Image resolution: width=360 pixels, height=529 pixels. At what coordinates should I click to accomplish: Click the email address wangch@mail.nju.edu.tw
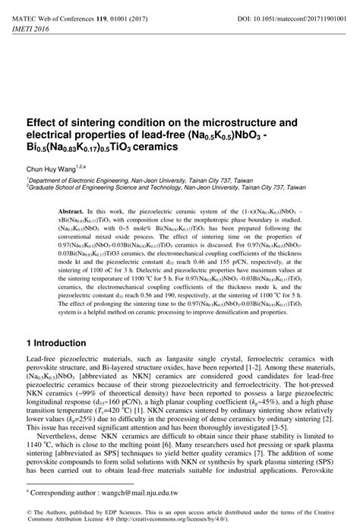[x=134, y=493]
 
